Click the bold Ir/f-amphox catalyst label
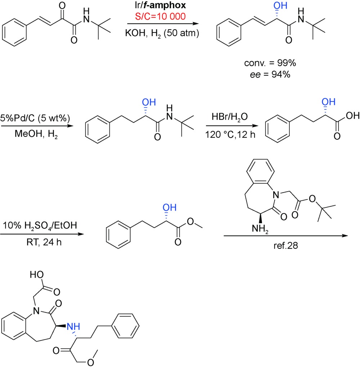[160, 5]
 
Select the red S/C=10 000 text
[160, 16]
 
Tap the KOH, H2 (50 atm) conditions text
[162, 33]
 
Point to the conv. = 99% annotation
[270, 63]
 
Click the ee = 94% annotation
[270, 75]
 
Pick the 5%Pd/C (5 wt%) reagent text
[35, 118]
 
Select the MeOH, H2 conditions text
[36, 134]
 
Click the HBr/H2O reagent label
[229, 117]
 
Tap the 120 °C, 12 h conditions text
[230, 135]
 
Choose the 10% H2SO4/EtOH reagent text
[40, 225]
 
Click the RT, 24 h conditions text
[44, 242]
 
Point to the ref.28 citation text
[285, 246]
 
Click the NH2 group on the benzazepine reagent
[260, 229]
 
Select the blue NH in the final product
[73, 327]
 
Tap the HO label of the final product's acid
[37, 274]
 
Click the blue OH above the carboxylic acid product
[328, 102]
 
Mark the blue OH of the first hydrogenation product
[280, 5]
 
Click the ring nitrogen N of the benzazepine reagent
[276, 194]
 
